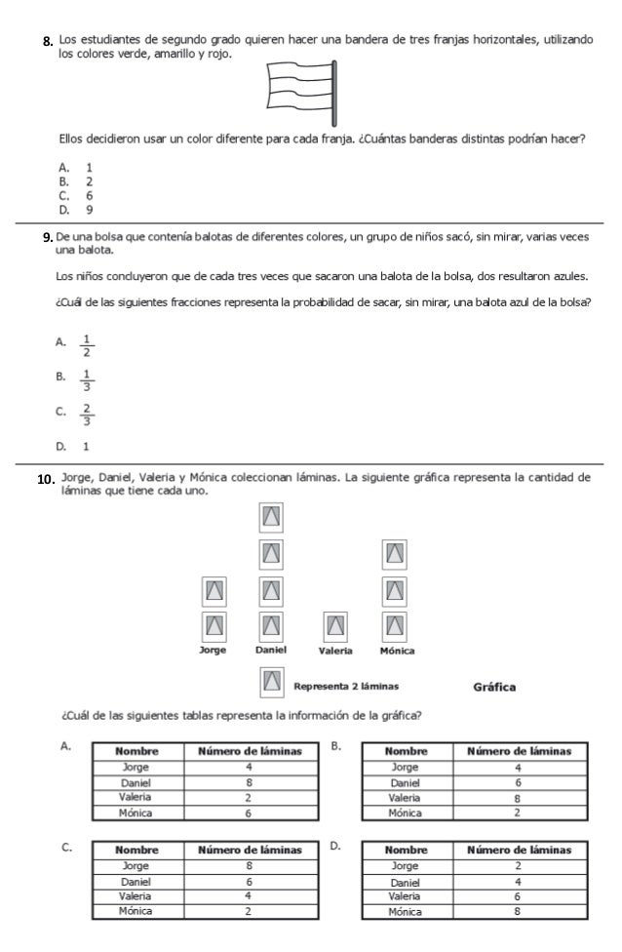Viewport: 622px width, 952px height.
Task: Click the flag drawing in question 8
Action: [302, 88]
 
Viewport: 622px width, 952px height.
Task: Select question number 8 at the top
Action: [46, 42]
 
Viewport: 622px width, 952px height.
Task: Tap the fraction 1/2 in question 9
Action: [87, 345]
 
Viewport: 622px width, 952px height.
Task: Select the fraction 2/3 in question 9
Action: [87, 415]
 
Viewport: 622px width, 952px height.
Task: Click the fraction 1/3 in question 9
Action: [87, 379]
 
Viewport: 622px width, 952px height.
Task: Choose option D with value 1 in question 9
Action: [87, 446]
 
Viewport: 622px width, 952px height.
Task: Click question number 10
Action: [44, 481]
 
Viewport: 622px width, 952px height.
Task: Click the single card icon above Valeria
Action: [334, 624]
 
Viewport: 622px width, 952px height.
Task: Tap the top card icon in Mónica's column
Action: [395, 553]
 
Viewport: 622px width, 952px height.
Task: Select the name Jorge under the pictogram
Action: [213, 650]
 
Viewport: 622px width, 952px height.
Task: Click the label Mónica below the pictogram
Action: [397, 651]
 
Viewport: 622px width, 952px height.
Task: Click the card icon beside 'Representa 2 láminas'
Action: [272, 682]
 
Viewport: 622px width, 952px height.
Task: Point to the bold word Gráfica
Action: [494, 686]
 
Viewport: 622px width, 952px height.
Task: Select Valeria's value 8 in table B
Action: [518, 797]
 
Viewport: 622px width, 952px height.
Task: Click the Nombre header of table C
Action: [137, 850]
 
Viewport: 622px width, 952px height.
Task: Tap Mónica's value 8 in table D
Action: [518, 912]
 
